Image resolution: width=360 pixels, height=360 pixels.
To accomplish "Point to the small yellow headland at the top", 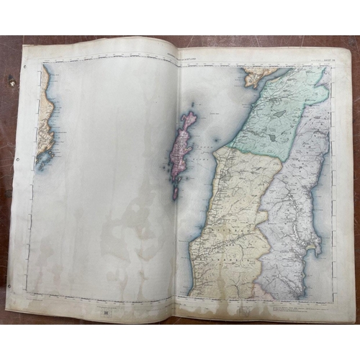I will click(254, 76).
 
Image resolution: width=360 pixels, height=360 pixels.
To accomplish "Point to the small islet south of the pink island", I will click(176, 193).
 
